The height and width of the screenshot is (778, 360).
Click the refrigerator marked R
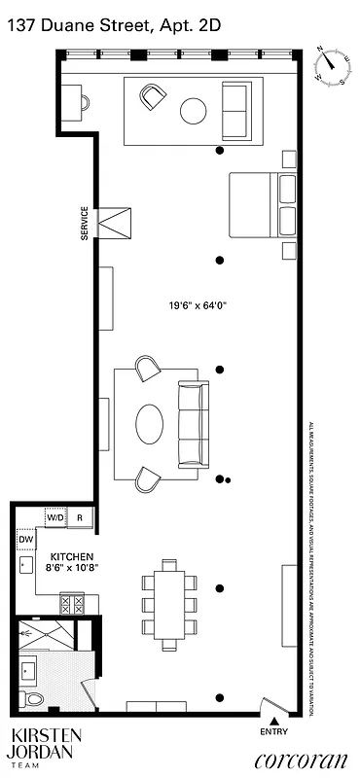pos(80,517)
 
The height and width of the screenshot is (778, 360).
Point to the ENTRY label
pos(275,731)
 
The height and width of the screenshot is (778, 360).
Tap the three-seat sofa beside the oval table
pos(193,423)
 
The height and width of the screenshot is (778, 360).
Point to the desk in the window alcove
pos(73,99)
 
